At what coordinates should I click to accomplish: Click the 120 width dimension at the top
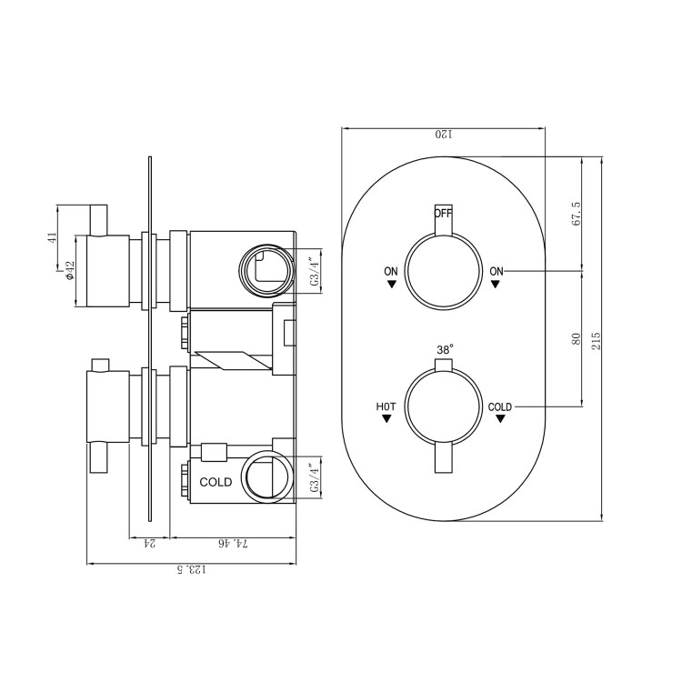coord(443,135)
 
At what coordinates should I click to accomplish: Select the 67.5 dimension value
coord(576,215)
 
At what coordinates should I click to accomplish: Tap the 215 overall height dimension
coord(597,339)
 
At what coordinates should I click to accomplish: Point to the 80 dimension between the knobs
coord(576,338)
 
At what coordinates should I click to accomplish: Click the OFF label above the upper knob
coord(443,214)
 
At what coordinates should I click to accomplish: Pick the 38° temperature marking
coord(444,349)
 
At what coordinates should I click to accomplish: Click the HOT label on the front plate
coord(386,406)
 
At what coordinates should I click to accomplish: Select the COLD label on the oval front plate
coord(500,406)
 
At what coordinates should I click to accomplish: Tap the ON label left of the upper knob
coord(391,271)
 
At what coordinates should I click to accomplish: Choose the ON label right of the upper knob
coord(496,271)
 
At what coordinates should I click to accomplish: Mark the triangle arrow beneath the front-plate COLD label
coord(500,420)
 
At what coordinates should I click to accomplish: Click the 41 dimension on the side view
coord(53,237)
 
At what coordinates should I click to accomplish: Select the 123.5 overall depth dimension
coord(192,570)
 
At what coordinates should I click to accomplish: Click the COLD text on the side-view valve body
coord(216,482)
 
